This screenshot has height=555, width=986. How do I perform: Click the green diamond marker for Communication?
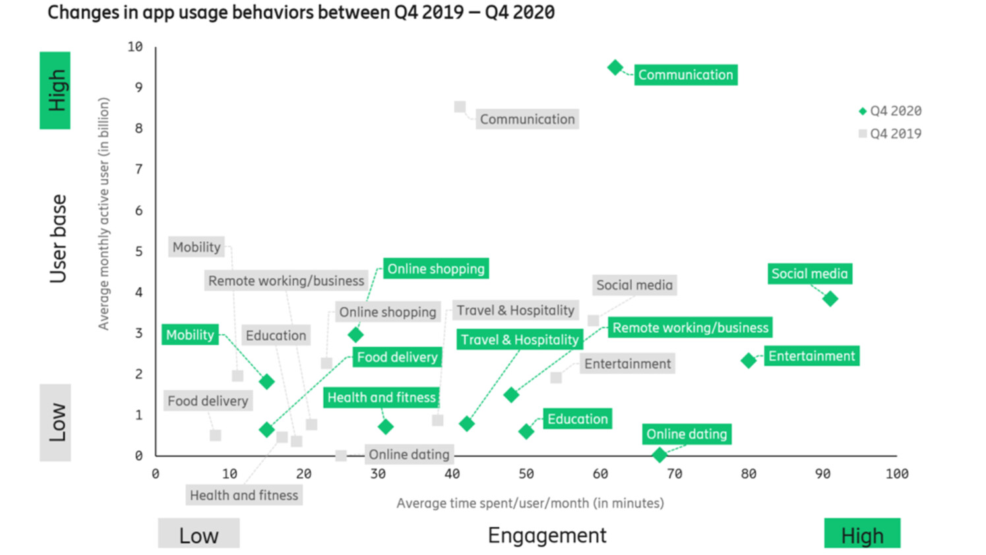coord(615,67)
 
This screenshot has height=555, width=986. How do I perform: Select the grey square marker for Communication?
coord(460,107)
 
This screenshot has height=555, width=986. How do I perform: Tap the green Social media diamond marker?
coord(830,299)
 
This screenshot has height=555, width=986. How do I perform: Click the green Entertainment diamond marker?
coord(748,361)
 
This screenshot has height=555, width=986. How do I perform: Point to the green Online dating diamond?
coord(659,455)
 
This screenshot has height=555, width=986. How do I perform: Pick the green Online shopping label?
coord(435,269)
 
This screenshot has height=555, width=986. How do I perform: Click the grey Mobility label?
coord(197,247)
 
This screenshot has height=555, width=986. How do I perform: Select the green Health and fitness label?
coord(381,397)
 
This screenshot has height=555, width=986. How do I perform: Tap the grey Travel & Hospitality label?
coord(515,310)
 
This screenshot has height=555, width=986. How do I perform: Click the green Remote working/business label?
coord(690,328)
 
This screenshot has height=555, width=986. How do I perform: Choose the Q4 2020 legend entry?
coord(890,111)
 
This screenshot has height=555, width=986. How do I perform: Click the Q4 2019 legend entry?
coord(890,134)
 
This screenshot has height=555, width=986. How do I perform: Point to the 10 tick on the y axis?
coord(135,47)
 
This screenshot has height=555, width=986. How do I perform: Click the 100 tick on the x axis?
coord(896,473)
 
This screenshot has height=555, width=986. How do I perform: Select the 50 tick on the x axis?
coord(526,473)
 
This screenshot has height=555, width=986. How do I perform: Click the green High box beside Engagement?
coord(861,535)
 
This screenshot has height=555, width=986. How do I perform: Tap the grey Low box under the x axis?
coord(199,535)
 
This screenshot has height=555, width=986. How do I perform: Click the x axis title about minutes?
coord(530,503)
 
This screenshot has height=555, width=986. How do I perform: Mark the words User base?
coord(58,239)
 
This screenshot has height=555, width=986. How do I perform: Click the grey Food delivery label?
coord(208,401)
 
